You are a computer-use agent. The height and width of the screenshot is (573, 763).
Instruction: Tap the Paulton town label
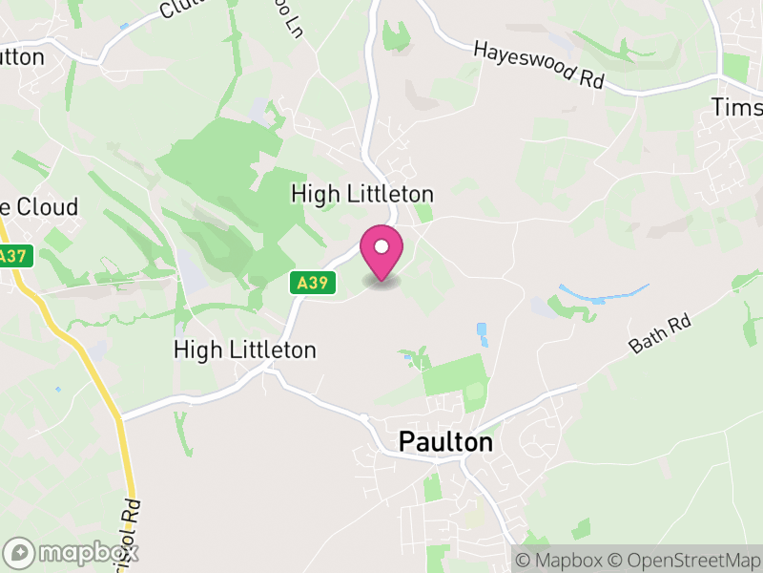(x=445, y=443)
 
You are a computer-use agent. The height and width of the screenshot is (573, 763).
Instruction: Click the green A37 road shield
(x=12, y=256)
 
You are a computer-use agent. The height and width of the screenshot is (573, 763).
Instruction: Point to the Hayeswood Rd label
(x=540, y=66)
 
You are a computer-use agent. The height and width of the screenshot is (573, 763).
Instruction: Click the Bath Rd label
(x=659, y=335)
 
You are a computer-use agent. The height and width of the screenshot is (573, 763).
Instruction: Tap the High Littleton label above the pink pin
(x=362, y=194)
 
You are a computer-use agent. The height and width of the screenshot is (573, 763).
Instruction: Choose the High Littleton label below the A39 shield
(x=244, y=350)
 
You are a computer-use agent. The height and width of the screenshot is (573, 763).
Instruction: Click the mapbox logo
(x=72, y=552)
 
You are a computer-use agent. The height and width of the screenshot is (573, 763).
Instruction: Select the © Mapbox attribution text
(x=560, y=560)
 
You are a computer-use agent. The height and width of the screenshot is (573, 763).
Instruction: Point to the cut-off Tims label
(x=737, y=107)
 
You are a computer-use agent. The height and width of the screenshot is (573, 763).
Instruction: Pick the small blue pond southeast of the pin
(x=481, y=333)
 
